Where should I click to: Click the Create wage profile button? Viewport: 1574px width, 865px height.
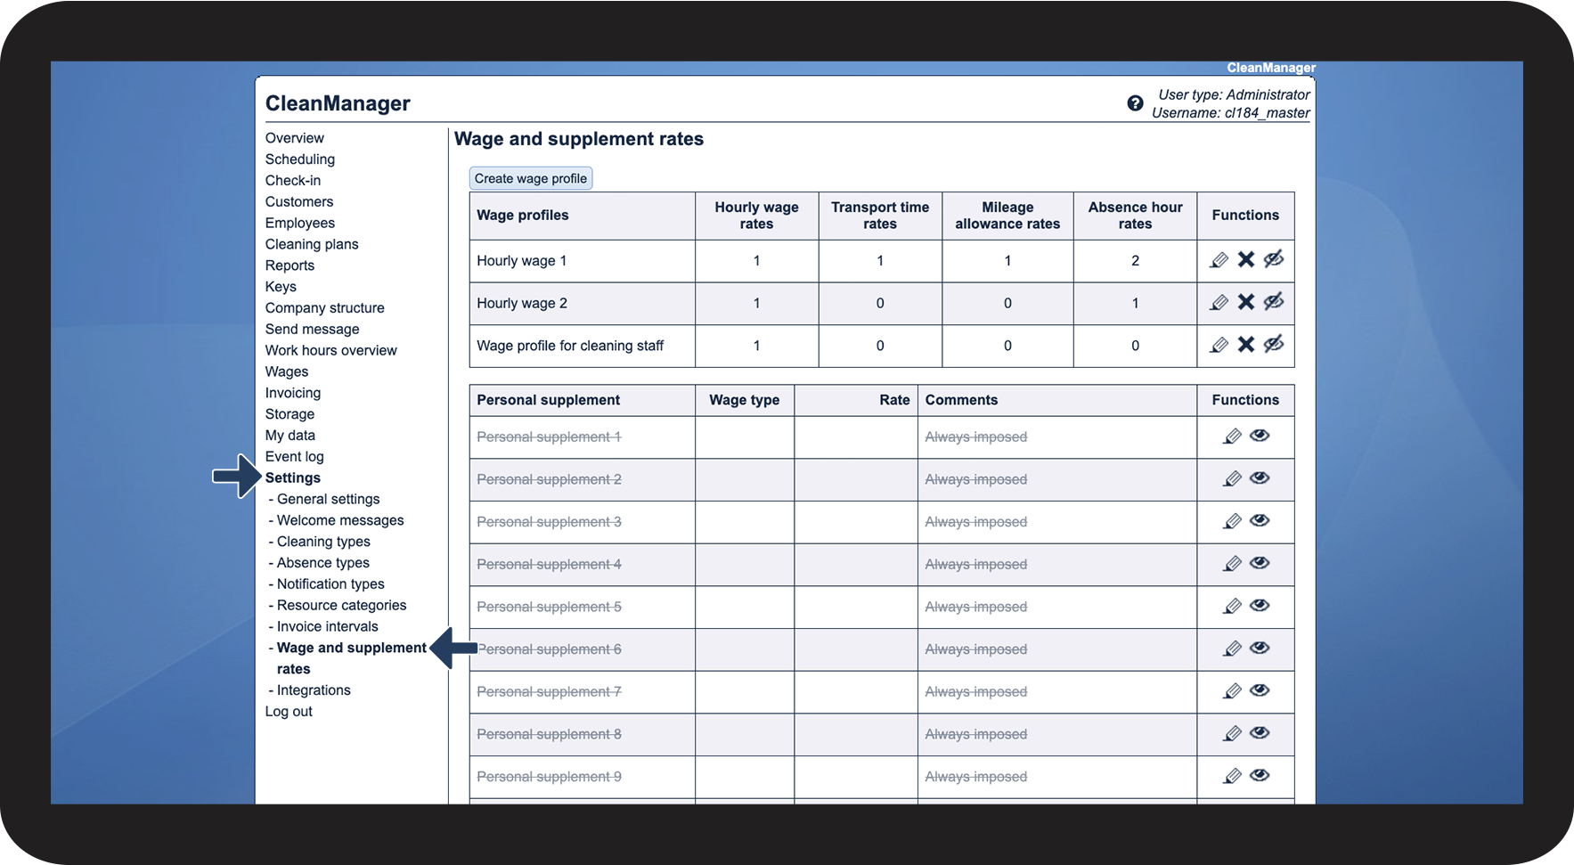click(530, 178)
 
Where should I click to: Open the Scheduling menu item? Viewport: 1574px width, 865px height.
click(299, 159)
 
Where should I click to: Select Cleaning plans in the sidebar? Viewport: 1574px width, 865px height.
click(311, 244)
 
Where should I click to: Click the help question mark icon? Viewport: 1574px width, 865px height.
click(1135, 103)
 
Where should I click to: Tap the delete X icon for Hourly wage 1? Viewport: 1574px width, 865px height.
click(1245, 259)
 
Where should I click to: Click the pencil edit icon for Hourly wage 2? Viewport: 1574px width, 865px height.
click(1219, 303)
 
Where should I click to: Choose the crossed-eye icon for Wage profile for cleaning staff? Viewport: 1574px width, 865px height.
click(1274, 344)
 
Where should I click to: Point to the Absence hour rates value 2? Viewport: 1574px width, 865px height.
click(1135, 261)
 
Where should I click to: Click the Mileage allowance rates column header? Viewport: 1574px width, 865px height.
click(1007, 216)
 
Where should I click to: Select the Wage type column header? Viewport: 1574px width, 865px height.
click(744, 400)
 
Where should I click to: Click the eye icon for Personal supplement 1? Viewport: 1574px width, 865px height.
click(1259, 436)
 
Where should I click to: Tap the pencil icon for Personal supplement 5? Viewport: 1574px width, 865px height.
click(1232, 607)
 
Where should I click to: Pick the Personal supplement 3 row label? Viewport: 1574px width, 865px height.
click(549, 522)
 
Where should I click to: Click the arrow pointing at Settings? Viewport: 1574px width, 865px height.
click(236, 477)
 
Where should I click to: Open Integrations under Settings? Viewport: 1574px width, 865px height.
click(314, 690)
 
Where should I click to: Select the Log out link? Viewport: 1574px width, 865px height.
click(289, 712)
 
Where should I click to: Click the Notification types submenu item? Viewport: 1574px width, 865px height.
click(330, 584)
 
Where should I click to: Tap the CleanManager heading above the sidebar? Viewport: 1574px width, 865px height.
click(338, 103)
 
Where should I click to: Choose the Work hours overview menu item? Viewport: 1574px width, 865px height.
click(330, 350)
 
